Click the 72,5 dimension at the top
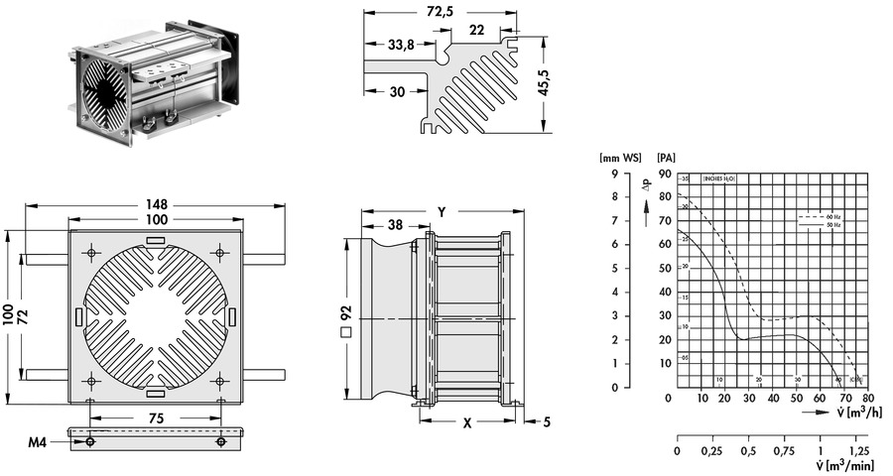(x=441, y=12)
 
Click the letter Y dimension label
(x=441, y=211)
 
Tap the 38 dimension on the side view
(x=395, y=226)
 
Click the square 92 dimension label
(x=345, y=317)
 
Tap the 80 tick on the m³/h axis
(x=869, y=399)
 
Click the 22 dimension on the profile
(x=476, y=31)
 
